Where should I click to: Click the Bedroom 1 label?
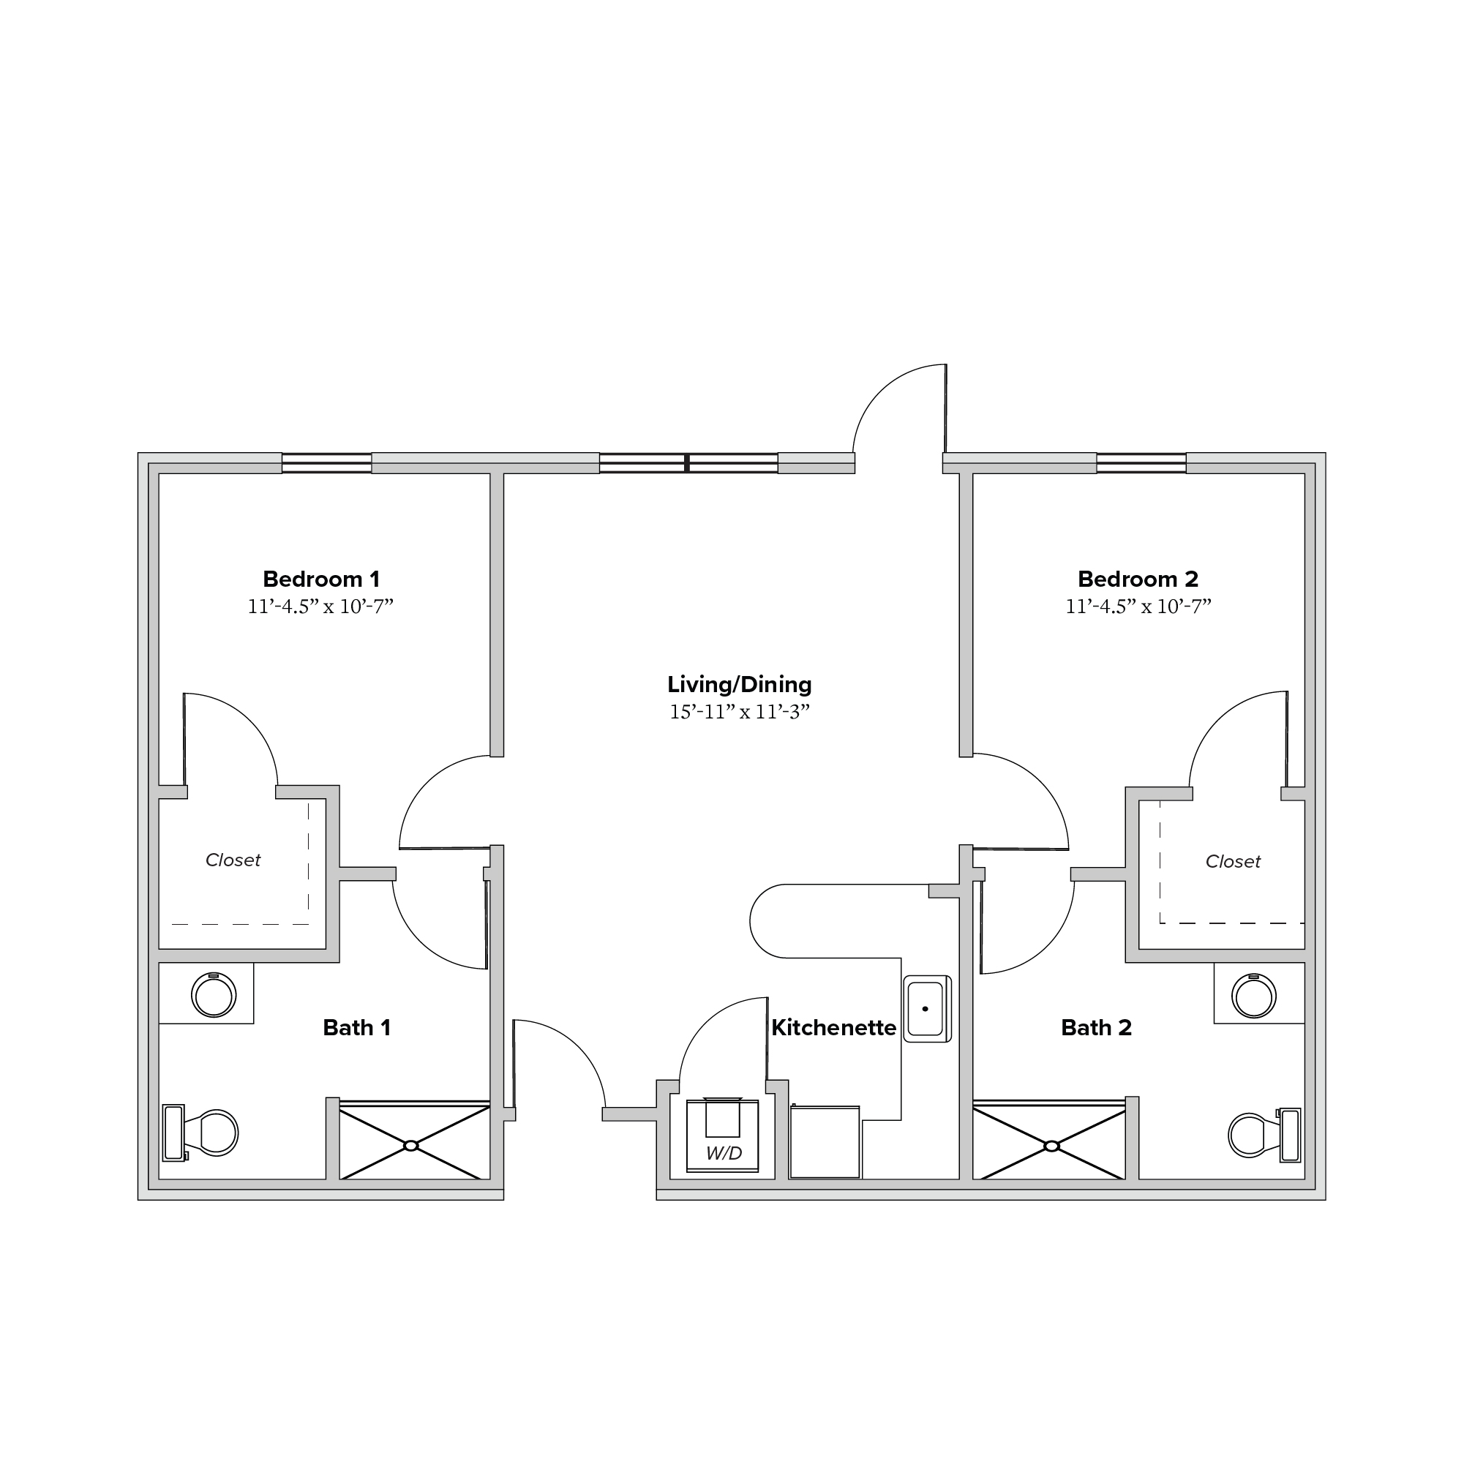pos(321,579)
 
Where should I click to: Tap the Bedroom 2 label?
pos(1138,579)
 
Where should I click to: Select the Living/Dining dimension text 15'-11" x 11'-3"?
pos(740,712)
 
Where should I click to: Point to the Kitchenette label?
pos(833,1027)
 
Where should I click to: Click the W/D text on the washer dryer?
pos(724,1153)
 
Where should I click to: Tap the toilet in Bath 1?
pos(200,1133)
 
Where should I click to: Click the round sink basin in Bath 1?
pos(214,995)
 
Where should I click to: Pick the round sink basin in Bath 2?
pos(1254,996)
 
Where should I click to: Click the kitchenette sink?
pos(927,1009)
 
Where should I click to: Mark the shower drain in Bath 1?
pos(410,1146)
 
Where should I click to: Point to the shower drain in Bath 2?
pos(1052,1146)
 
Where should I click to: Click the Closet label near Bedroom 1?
pos(233,860)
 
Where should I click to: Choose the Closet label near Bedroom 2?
pos(1233,862)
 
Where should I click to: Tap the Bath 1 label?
pos(357,1027)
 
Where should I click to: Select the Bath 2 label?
pos(1097,1027)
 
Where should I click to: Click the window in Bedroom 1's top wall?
pos(326,463)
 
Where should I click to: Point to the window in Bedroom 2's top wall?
pos(1141,463)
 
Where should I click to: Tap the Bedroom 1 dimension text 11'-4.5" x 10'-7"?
pos(320,607)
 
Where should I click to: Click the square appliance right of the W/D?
pos(825,1142)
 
